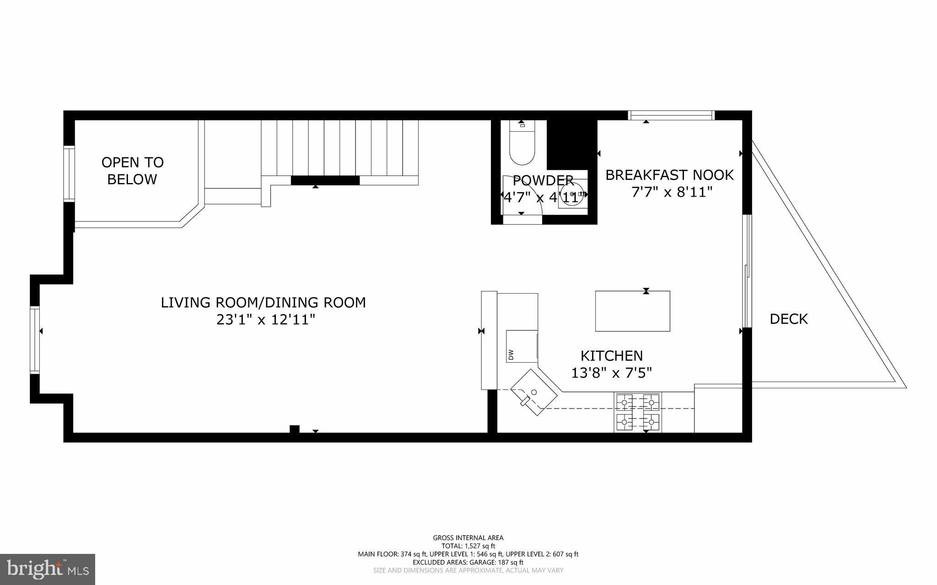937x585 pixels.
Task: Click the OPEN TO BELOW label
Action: [132, 171]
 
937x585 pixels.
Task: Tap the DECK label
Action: [788, 319]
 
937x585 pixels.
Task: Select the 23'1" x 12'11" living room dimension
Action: [266, 319]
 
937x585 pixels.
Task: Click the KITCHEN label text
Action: [611, 355]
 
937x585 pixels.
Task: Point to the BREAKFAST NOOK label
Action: [669, 175]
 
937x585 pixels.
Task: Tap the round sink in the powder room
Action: [572, 194]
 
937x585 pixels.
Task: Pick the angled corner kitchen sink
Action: [533, 392]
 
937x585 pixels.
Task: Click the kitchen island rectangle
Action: [632, 311]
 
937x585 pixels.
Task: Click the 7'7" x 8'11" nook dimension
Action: [672, 192]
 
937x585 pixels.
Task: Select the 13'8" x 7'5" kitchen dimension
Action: [611, 373]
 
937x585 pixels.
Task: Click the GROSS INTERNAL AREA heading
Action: [468, 538]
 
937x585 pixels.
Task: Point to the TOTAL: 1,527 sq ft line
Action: [468, 546]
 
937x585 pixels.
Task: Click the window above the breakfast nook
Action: [671, 115]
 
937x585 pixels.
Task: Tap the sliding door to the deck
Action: [747, 271]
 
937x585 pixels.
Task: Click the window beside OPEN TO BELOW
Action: [69, 173]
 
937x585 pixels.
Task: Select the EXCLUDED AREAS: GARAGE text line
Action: [468, 562]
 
